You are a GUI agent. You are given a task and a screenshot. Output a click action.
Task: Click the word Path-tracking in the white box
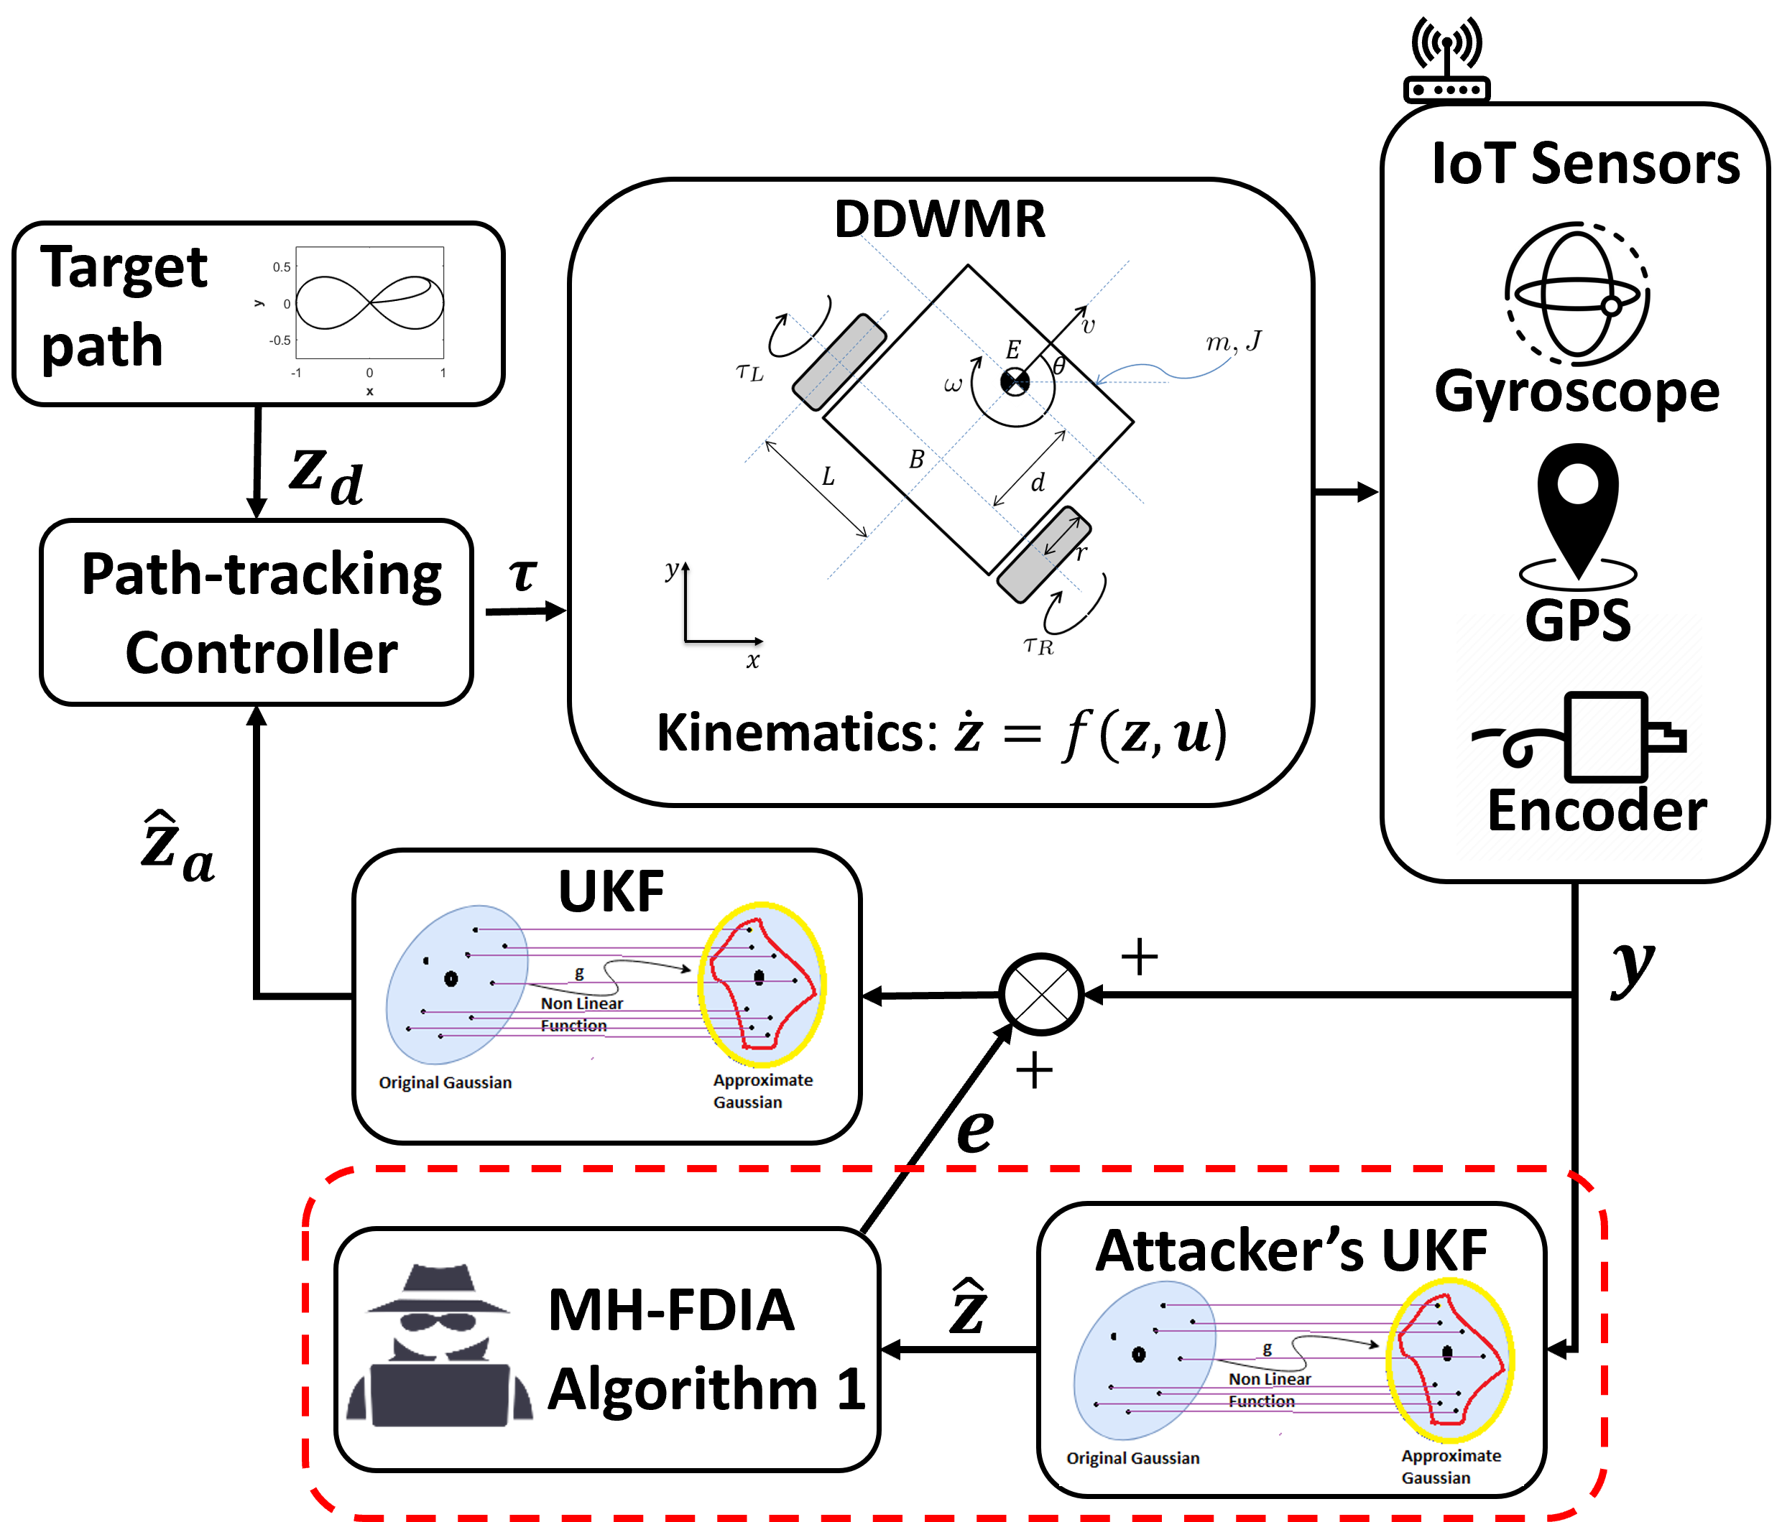(x=261, y=575)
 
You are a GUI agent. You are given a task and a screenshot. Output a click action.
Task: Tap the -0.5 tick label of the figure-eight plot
(x=280, y=340)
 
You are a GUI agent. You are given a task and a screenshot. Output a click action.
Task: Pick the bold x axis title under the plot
(x=370, y=391)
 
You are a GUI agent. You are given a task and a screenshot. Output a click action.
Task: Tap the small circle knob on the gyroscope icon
(x=1611, y=305)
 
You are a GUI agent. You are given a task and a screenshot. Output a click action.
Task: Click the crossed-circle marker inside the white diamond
(x=1015, y=382)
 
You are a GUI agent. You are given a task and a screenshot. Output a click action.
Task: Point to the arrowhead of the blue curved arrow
(x=1099, y=381)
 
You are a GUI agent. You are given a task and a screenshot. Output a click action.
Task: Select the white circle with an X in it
(x=1040, y=995)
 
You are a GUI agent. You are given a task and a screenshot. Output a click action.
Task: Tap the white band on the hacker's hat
(x=440, y=1295)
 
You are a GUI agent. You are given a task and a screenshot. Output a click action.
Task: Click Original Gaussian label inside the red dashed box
(x=1132, y=1458)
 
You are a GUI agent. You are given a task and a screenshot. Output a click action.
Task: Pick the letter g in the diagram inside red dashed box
(x=1267, y=1348)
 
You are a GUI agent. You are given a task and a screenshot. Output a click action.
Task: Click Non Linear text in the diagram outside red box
(x=581, y=1003)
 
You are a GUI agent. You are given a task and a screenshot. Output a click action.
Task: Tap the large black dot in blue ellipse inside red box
(x=1139, y=1355)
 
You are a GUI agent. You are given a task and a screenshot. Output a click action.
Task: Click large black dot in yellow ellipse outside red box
(x=759, y=978)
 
